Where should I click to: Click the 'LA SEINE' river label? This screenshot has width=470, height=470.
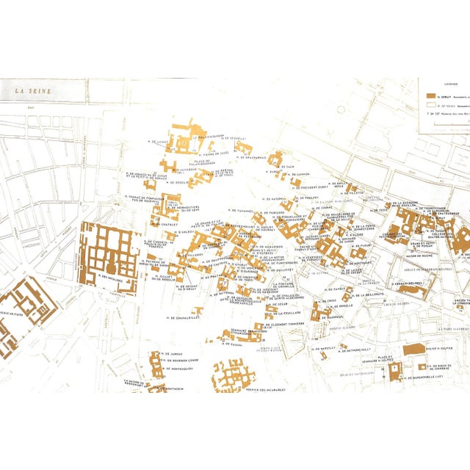[32, 91]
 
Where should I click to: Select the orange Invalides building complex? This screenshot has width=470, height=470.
[110, 250]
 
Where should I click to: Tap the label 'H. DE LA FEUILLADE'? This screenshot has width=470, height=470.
[286, 291]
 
